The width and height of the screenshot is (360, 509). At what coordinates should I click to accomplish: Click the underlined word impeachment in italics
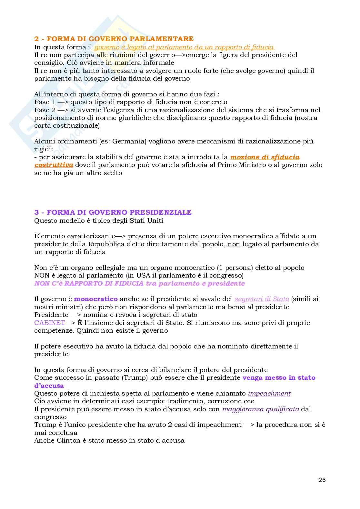pos(269,394)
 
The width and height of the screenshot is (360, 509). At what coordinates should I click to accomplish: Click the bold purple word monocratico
pos(96,299)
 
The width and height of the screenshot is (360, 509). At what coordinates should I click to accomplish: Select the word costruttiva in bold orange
pos(54,165)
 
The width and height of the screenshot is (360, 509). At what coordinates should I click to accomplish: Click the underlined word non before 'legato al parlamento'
pos(234,244)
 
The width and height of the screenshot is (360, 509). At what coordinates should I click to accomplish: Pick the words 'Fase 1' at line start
pos(43,102)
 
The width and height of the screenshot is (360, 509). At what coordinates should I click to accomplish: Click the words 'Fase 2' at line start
pos(43,110)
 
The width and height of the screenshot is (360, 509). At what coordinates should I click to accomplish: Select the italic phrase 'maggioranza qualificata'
pos(261,409)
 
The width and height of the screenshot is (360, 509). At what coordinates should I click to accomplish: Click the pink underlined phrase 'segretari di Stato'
pos(262,299)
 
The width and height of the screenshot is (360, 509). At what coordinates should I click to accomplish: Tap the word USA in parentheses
pos(146,276)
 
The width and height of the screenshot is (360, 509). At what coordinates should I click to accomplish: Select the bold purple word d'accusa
pos(49,386)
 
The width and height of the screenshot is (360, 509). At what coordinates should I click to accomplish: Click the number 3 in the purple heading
pos(36,212)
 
